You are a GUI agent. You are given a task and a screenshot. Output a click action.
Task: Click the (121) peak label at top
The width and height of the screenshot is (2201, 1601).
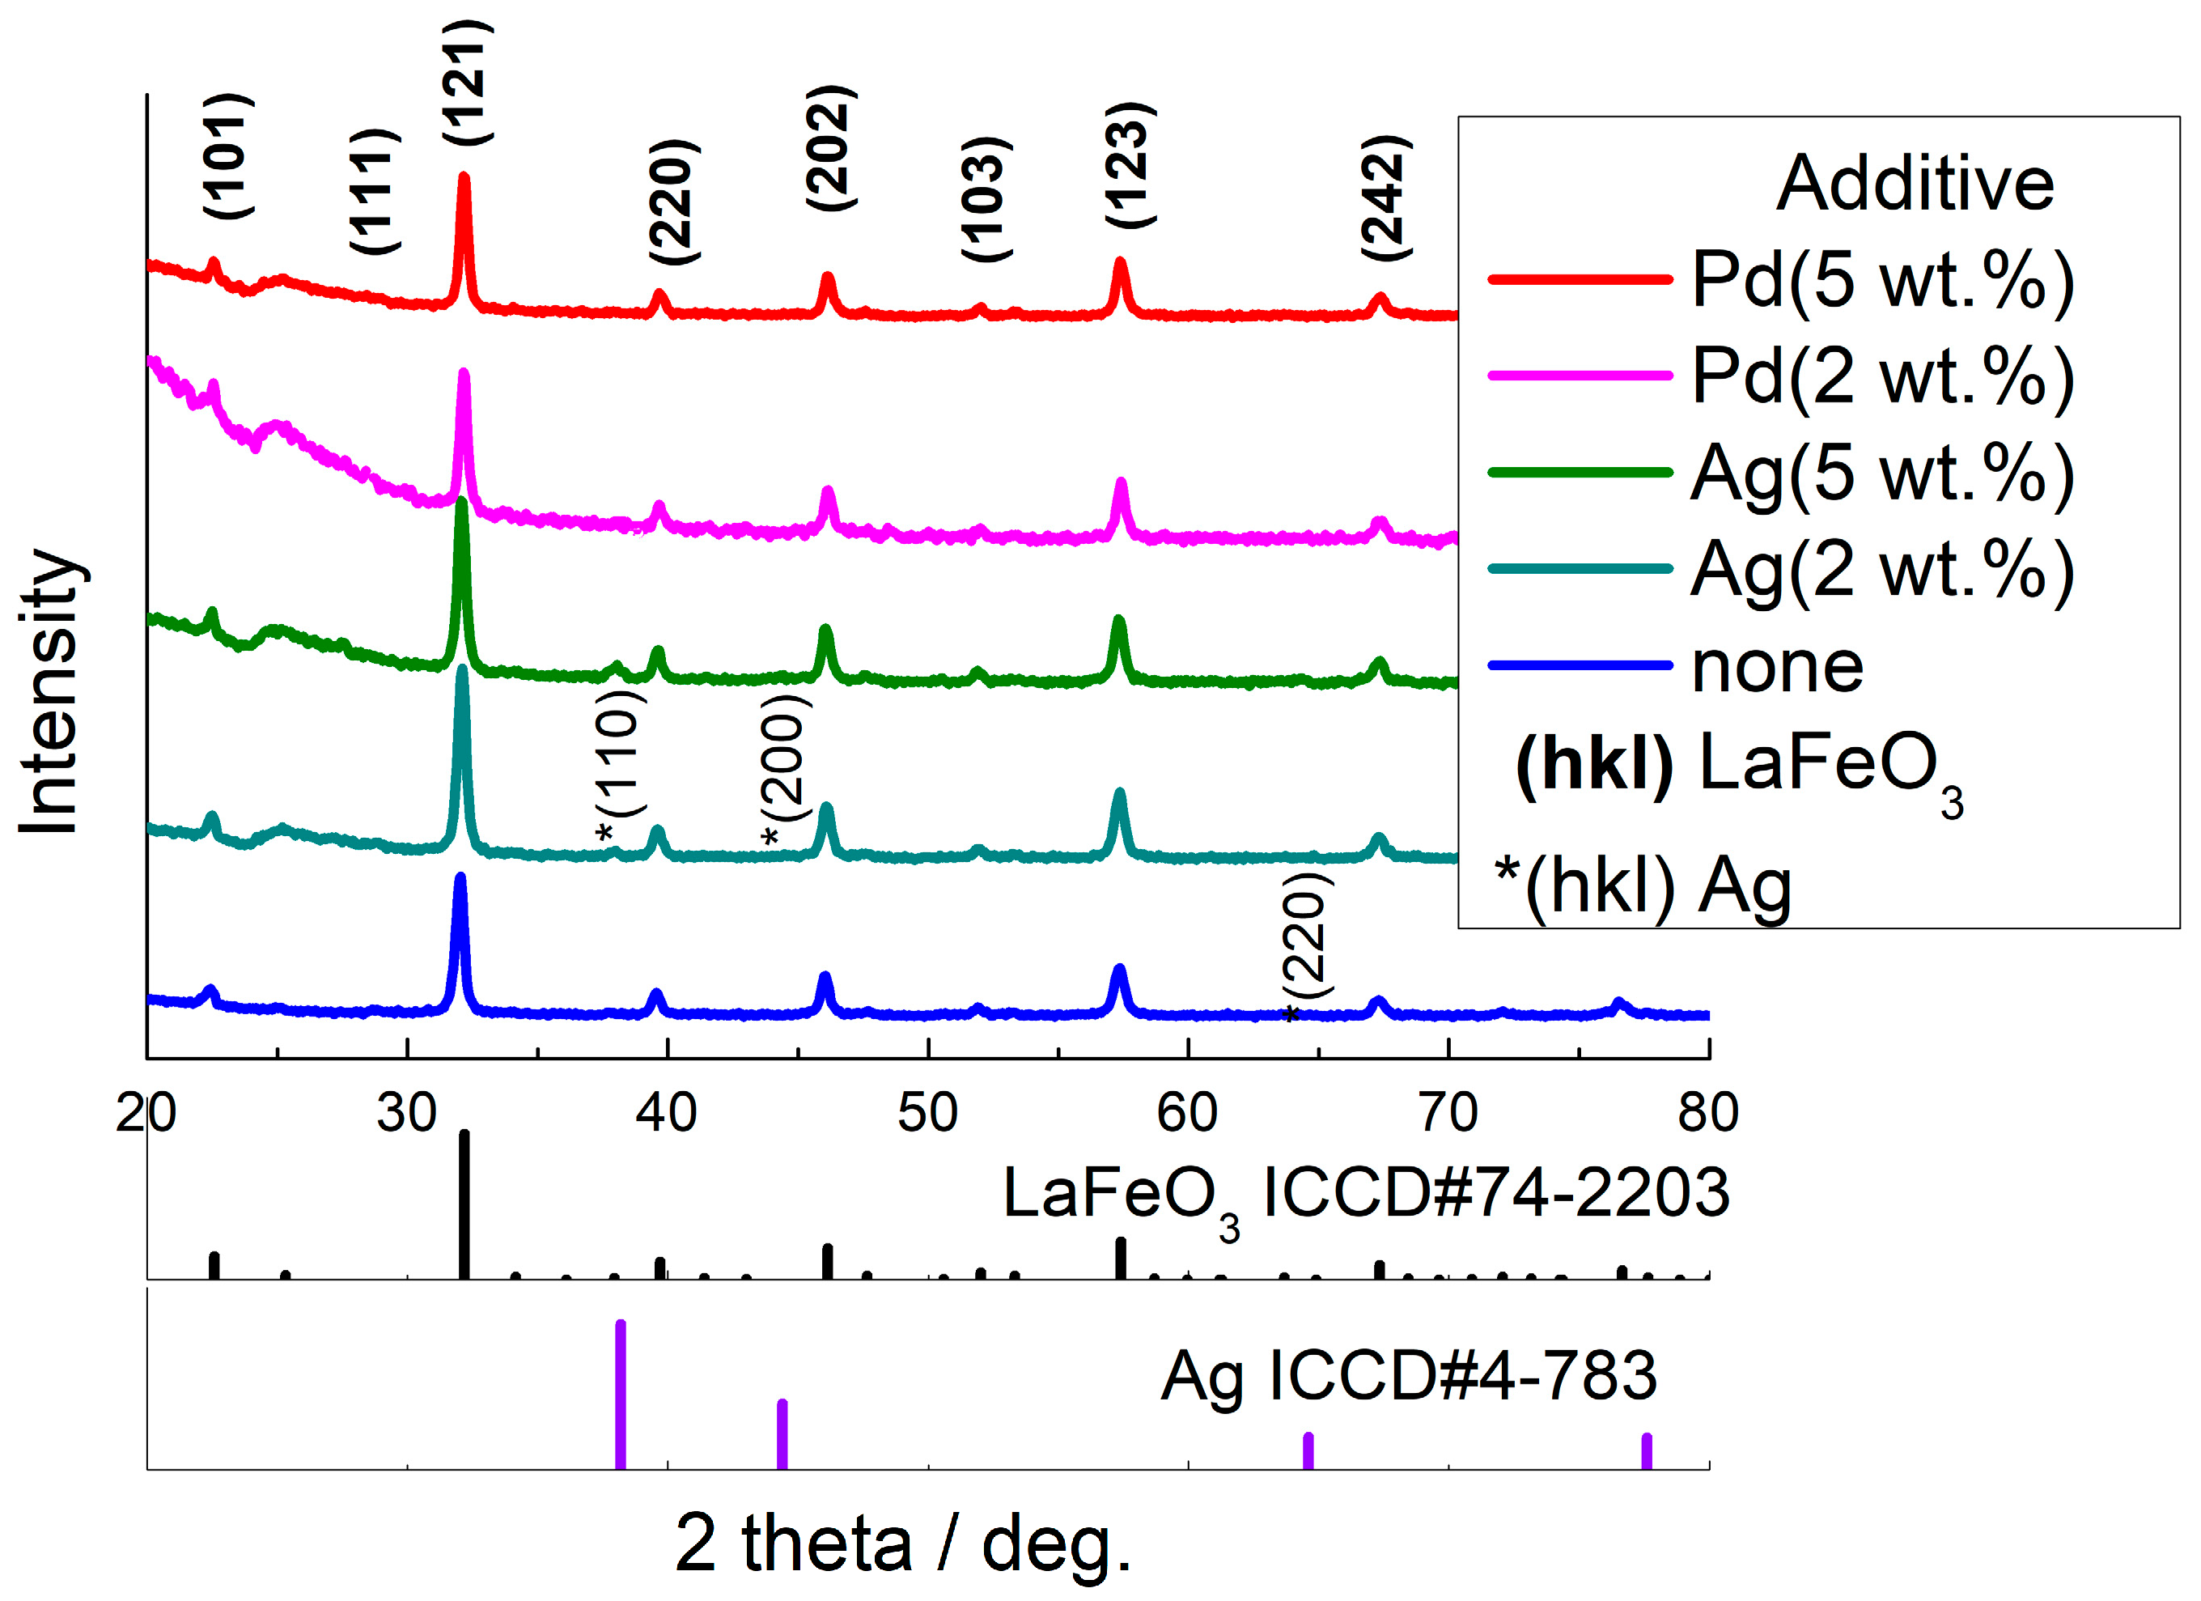468,83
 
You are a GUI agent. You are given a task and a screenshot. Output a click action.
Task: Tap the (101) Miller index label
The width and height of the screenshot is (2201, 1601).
229,156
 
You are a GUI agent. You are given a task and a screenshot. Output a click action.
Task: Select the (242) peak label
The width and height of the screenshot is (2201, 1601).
1385,197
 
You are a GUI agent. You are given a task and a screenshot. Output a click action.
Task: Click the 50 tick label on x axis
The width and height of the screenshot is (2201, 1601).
928,1113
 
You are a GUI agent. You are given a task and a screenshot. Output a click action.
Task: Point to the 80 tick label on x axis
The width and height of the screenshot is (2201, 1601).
1708,1113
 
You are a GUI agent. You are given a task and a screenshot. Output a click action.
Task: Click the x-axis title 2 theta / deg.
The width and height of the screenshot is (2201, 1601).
902,1544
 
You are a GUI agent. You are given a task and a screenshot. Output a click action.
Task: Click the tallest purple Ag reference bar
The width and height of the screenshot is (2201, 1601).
621,1395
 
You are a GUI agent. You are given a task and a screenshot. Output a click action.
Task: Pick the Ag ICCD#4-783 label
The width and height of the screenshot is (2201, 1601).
1408,1377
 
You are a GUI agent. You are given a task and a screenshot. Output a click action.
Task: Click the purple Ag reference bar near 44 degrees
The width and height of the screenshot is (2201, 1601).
782,1434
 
